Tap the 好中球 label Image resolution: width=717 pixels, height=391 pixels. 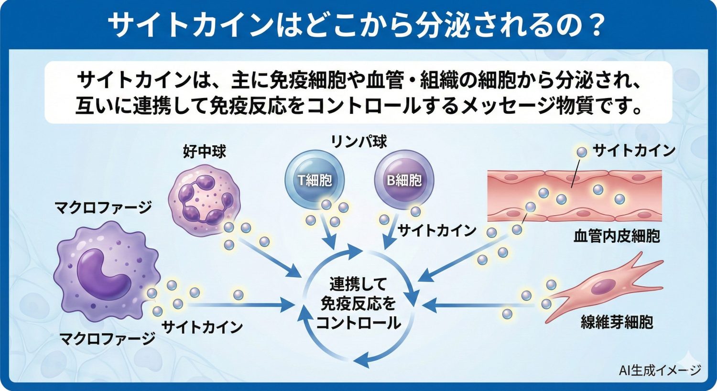tap(205, 152)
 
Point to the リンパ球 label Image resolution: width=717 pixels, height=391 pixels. tap(359, 141)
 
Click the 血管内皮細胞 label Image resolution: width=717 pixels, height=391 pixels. tap(617, 236)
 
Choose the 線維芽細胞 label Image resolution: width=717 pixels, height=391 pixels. tap(617, 322)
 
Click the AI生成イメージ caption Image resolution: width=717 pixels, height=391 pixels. tap(660, 370)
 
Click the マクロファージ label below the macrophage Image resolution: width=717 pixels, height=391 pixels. tap(108, 338)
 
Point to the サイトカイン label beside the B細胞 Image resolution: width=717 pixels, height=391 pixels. tap(437, 231)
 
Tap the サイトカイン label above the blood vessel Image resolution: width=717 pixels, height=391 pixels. tap(634, 151)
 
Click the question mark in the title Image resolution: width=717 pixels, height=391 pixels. tap(596, 26)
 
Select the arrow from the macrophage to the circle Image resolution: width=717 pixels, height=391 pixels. tap(239, 304)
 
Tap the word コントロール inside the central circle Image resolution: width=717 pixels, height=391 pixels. tap(358, 323)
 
